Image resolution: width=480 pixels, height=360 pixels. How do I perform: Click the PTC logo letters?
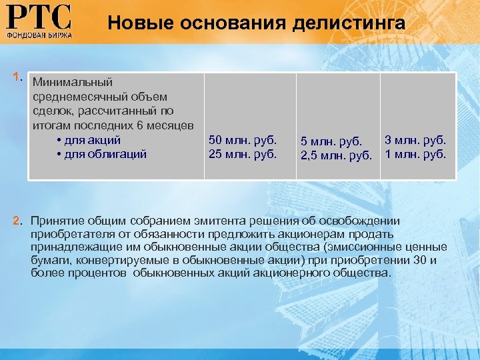(x=39, y=16)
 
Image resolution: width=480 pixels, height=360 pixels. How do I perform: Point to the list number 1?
(x=18, y=77)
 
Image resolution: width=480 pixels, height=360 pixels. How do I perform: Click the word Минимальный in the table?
(x=72, y=82)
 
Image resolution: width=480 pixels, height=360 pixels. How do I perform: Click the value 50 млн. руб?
(x=242, y=140)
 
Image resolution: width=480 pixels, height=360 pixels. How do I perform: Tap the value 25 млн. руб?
(x=242, y=154)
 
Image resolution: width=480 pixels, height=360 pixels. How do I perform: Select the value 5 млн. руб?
(x=331, y=141)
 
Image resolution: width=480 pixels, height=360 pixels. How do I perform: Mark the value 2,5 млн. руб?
(x=335, y=155)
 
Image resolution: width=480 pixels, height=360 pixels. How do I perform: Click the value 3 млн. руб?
(x=415, y=140)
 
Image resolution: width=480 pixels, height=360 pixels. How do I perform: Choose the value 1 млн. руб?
(x=415, y=154)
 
